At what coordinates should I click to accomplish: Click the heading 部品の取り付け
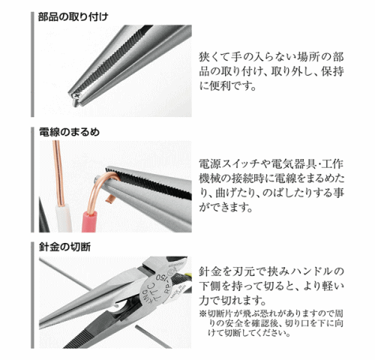click(73, 17)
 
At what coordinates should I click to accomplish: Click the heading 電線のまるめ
click(69, 132)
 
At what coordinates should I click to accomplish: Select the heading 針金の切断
click(64, 247)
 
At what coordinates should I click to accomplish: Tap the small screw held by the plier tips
click(75, 99)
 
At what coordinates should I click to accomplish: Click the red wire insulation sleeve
click(89, 222)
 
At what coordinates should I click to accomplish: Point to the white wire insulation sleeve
click(64, 219)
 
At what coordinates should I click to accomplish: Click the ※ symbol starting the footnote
click(202, 313)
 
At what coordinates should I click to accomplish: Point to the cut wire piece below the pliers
click(153, 336)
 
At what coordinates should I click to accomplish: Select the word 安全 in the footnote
click(235, 323)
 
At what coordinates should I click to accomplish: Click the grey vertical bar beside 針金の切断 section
click(32, 295)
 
